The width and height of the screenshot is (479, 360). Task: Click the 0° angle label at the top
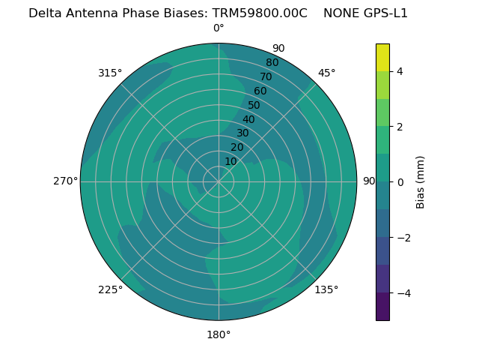click(219, 28)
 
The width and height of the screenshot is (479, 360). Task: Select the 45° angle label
click(326, 73)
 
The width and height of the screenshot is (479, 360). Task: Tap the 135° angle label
click(326, 289)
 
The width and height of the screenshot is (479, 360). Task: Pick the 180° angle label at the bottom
click(219, 334)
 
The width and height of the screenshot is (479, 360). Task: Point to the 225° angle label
click(110, 289)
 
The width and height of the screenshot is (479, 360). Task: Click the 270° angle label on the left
click(65, 181)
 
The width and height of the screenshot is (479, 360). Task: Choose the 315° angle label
click(110, 73)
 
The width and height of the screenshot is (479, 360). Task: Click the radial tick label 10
click(231, 161)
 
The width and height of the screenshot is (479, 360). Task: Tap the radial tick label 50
click(254, 106)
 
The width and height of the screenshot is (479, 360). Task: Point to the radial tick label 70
click(266, 76)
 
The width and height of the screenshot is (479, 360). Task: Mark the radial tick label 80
click(272, 63)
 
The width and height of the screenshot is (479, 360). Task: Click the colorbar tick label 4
click(400, 71)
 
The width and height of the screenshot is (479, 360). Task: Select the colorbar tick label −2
click(403, 238)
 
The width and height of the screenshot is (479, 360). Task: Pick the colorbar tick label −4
click(403, 293)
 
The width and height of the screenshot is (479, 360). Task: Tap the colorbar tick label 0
click(400, 182)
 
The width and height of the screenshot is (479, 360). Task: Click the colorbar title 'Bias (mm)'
click(421, 182)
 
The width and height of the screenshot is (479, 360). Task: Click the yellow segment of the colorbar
click(382, 57)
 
